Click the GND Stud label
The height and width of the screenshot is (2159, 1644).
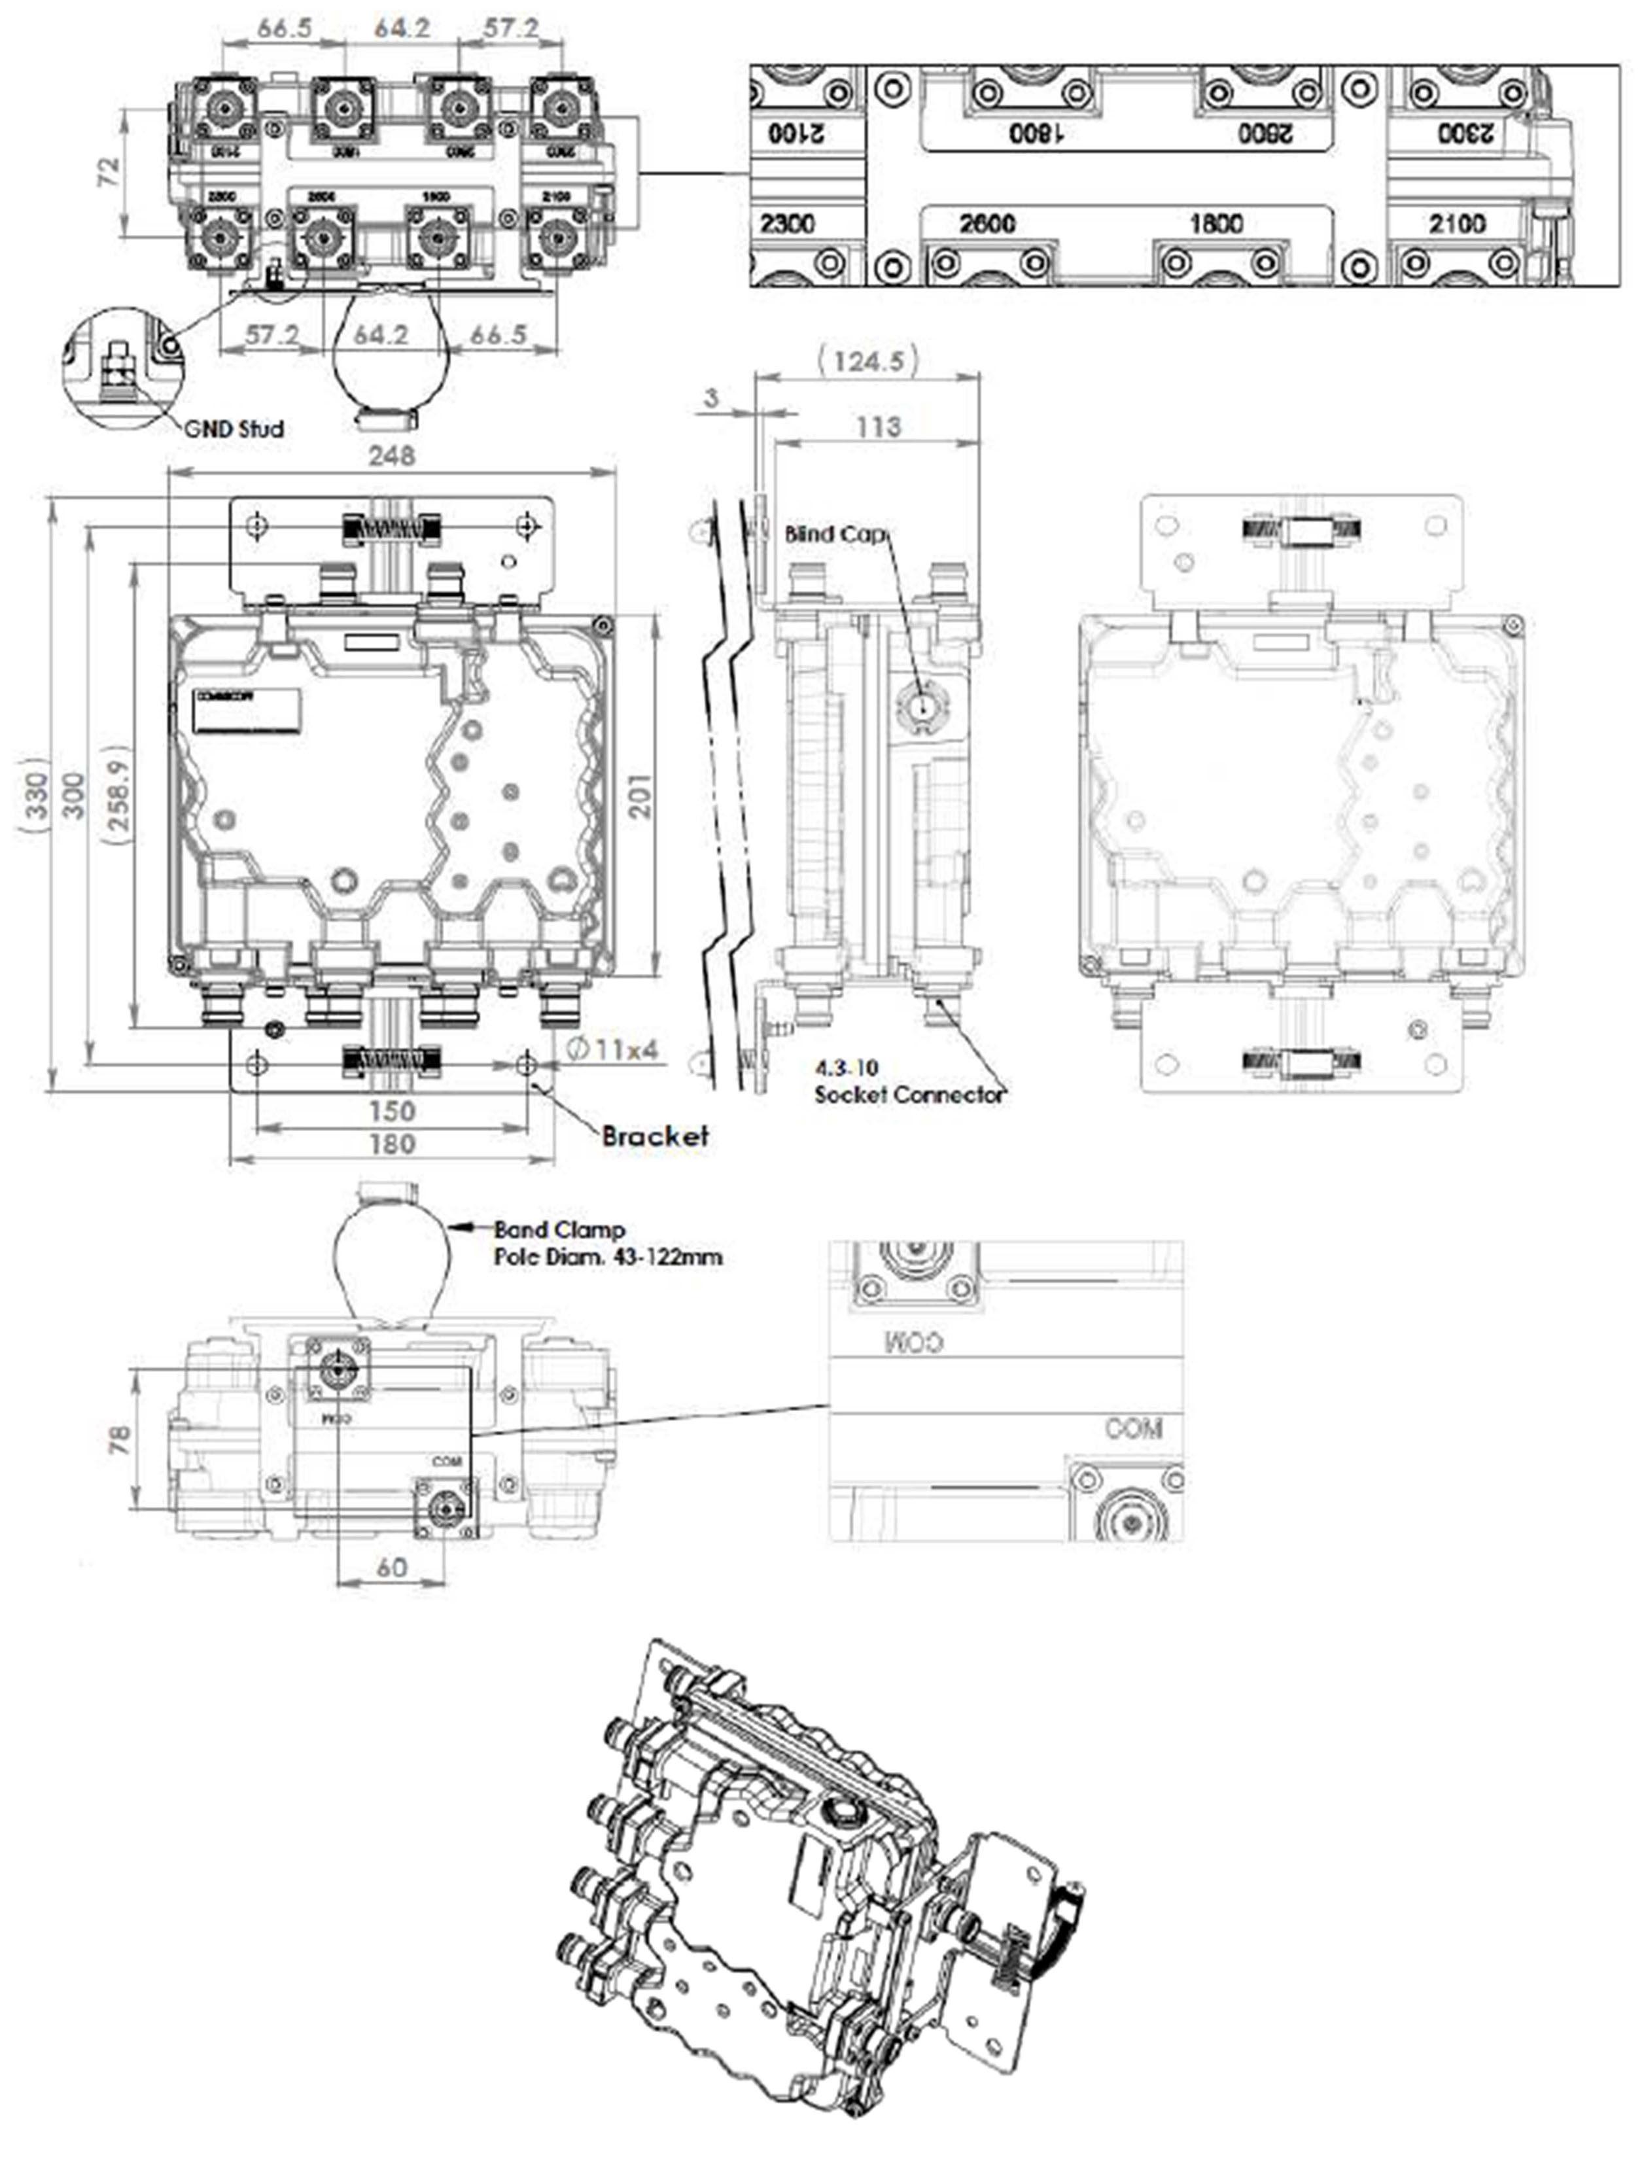tap(235, 429)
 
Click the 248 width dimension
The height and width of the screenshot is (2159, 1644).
tap(391, 456)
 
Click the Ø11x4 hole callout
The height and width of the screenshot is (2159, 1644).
tap(612, 1050)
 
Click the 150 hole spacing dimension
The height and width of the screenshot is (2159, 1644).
tap(391, 1112)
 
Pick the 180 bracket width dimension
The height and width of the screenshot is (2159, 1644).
tap(391, 1144)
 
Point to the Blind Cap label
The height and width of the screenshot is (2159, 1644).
tap(835, 535)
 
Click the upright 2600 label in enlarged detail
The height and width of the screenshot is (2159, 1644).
tap(987, 224)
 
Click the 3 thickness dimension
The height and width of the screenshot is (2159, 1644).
tap(711, 397)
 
